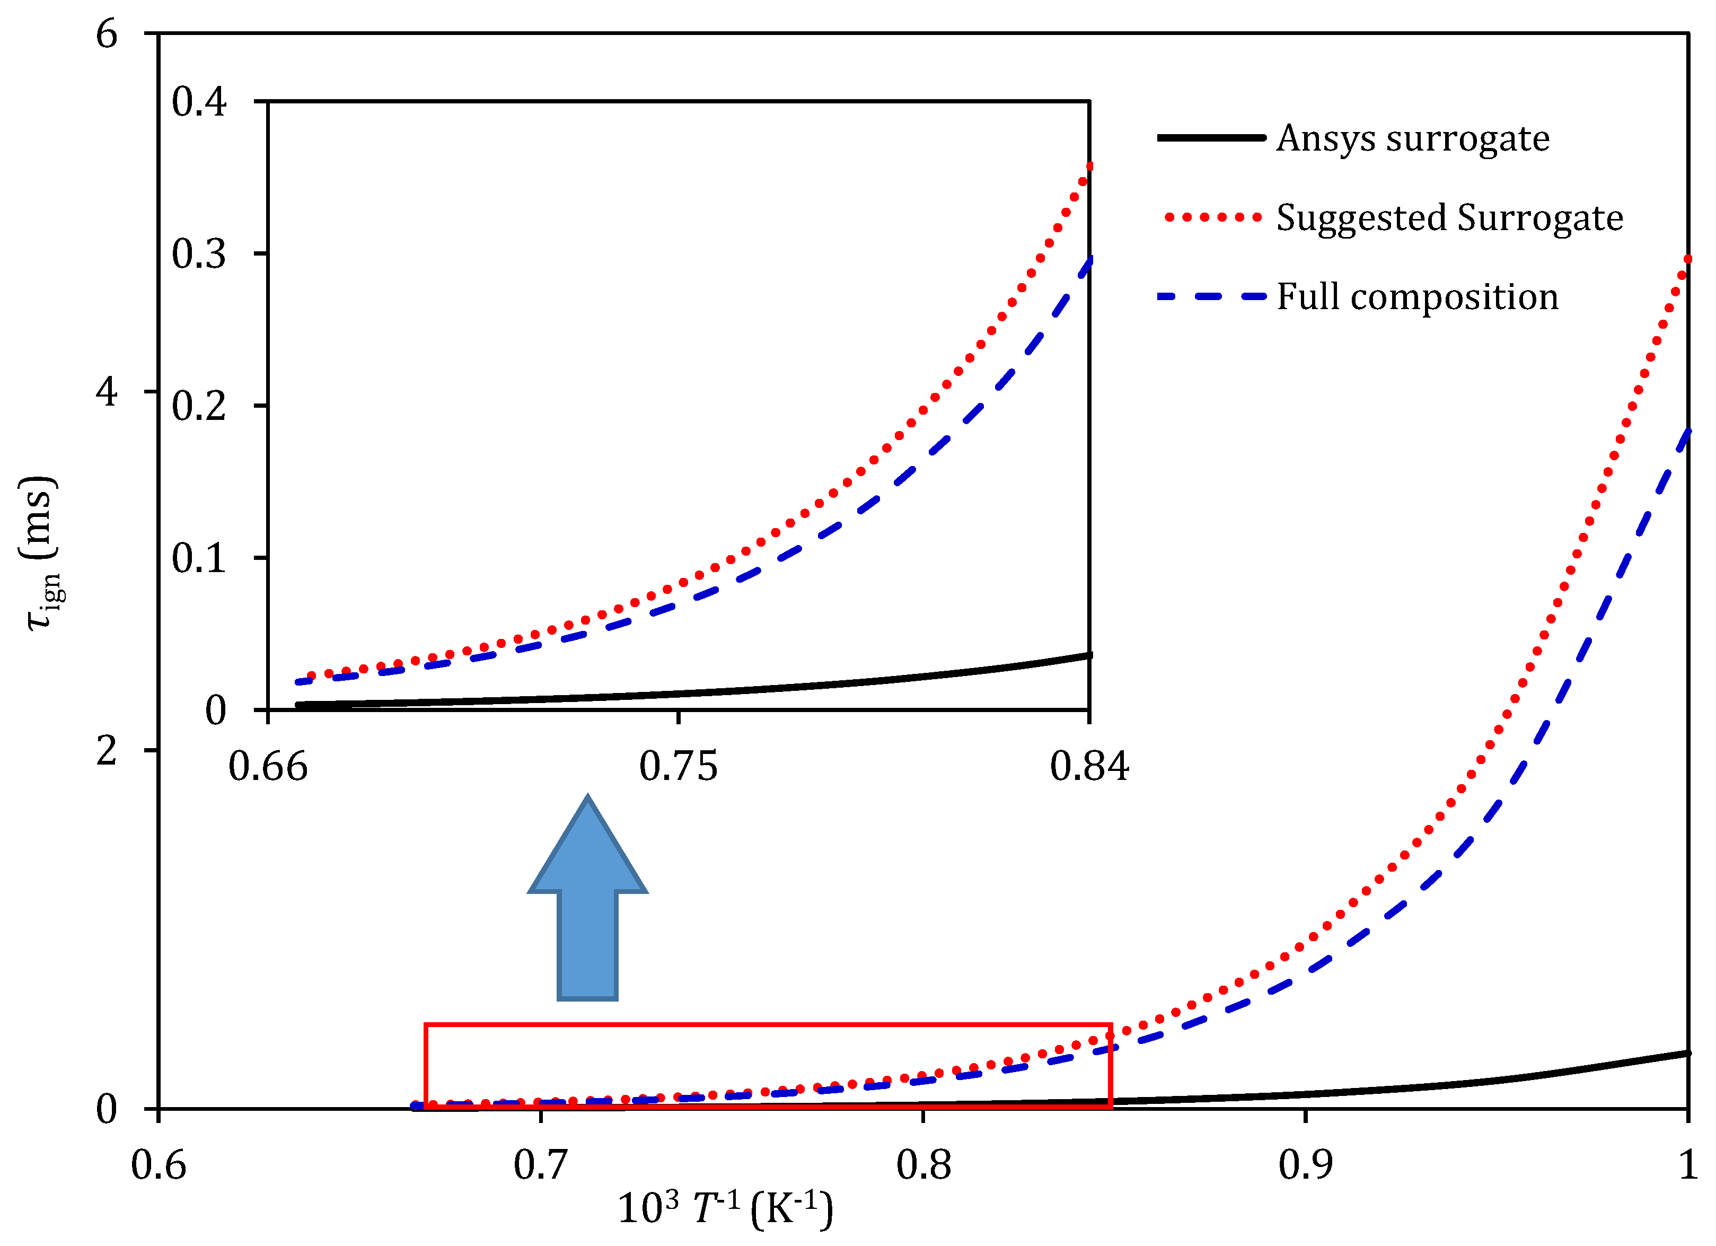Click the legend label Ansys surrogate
pyautogui.click(x=1413, y=138)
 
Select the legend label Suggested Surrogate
pyautogui.click(x=1449, y=218)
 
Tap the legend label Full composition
pyautogui.click(x=1417, y=296)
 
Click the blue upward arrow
pyautogui.click(x=587, y=900)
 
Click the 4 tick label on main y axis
pyautogui.click(x=107, y=392)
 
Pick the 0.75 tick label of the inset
pyautogui.click(x=678, y=766)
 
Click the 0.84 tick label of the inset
pyautogui.click(x=1089, y=766)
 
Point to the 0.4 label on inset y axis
pyautogui.click(x=198, y=101)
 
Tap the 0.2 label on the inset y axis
pyautogui.click(x=198, y=406)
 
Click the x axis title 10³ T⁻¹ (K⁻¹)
pyautogui.click(x=725, y=1208)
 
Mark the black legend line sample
pyautogui.click(x=1211, y=138)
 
